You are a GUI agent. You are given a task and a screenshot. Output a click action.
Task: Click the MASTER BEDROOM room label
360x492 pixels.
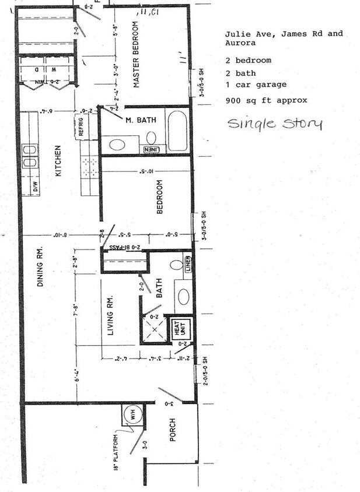tap(137, 55)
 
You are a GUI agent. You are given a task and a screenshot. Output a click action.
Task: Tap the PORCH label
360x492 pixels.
tap(173, 430)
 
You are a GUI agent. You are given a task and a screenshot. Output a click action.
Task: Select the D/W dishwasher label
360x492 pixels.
tap(34, 187)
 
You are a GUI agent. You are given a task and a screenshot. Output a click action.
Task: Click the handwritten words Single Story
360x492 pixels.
tap(274, 124)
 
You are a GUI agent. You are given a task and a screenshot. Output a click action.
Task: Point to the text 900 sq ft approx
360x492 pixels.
tap(265, 100)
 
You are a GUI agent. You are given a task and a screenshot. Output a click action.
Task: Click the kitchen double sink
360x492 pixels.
tap(27, 154)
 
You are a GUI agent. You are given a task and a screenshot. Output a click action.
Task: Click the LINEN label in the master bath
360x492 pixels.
tap(151, 149)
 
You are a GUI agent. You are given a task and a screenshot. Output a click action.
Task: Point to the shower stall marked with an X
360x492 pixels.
tap(154, 330)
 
